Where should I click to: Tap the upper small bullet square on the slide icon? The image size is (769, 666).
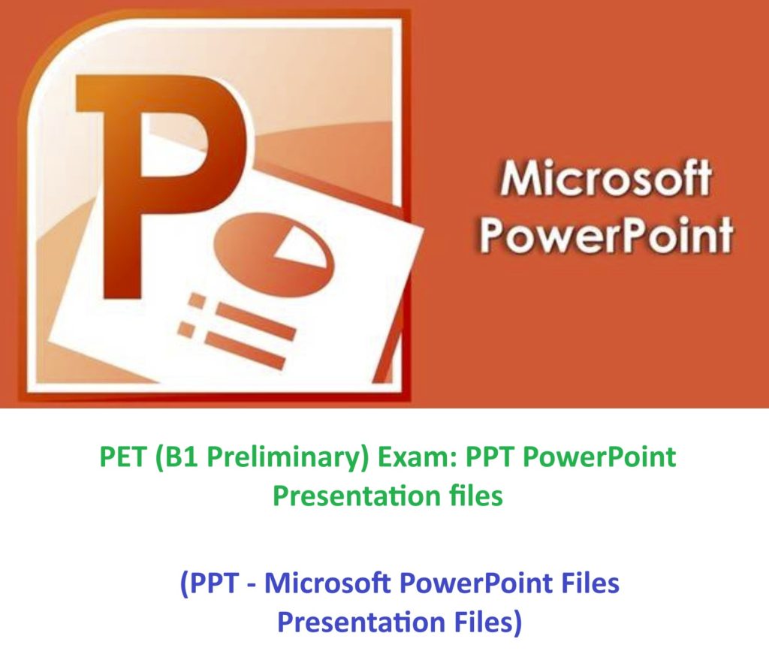[x=197, y=301]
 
